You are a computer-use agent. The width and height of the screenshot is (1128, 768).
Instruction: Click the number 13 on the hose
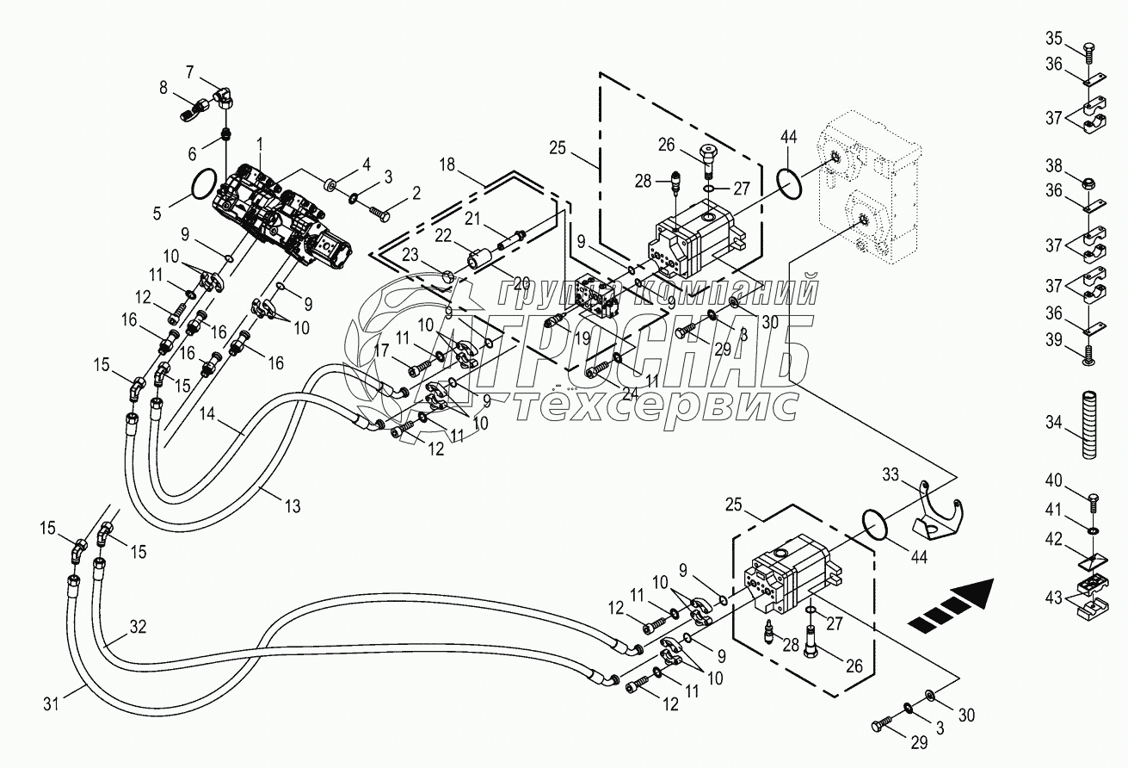tap(293, 507)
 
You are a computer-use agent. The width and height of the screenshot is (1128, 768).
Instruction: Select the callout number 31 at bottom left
tap(52, 704)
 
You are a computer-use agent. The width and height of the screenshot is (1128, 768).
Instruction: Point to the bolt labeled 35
tap(1088, 47)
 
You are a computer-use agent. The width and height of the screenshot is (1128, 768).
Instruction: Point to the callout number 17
tap(381, 350)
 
